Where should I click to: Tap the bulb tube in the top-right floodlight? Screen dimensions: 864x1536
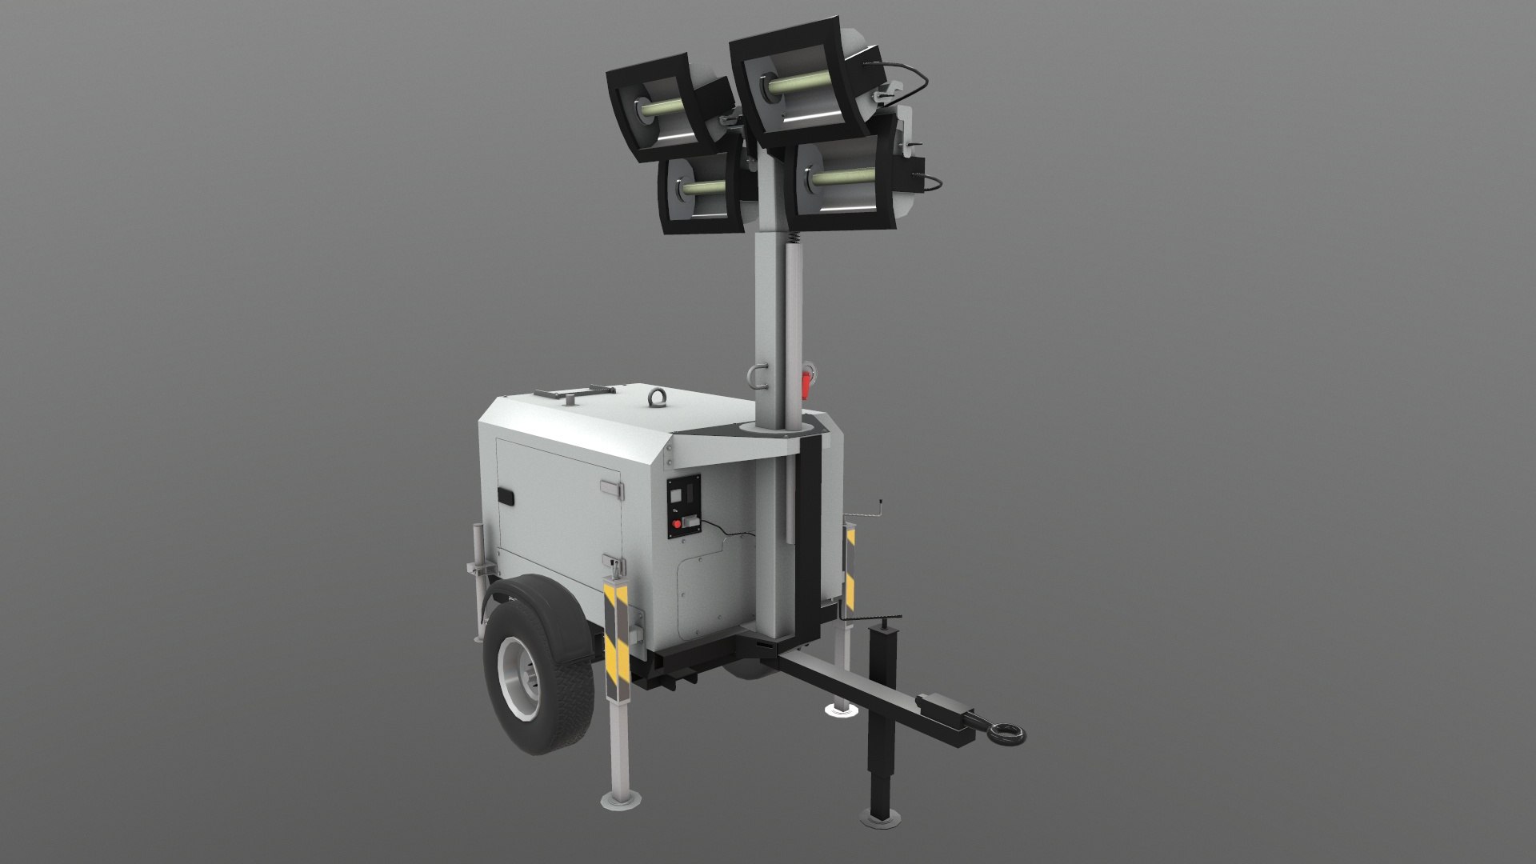click(800, 82)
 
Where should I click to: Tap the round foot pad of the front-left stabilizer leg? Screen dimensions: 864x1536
click(621, 801)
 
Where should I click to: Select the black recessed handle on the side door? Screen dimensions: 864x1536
click(505, 498)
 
